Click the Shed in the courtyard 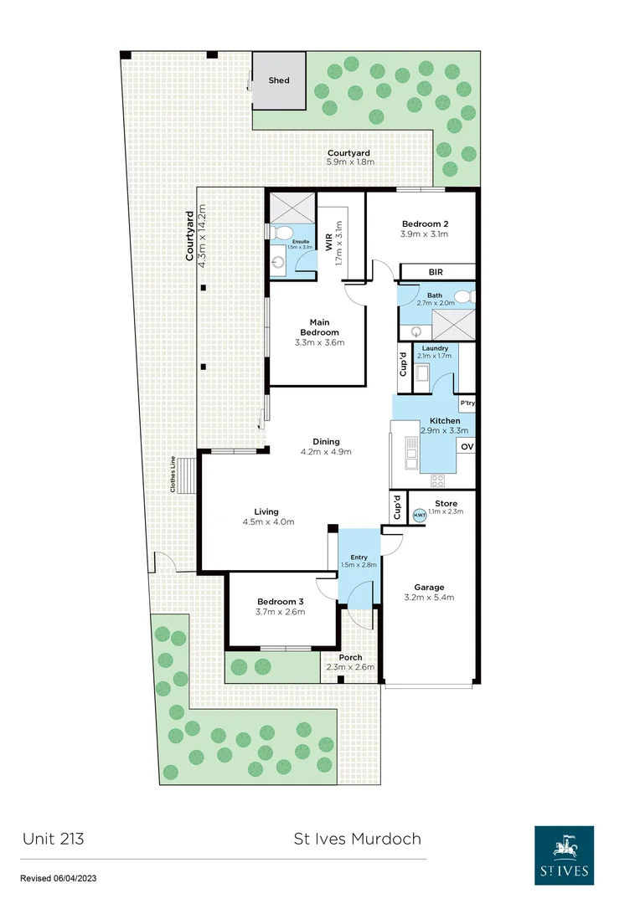click(279, 80)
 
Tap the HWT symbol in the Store click(419, 516)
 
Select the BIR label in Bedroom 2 click(436, 272)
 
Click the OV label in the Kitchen click(467, 447)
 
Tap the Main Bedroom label click(318, 326)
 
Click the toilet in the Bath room click(471, 296)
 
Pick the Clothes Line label click(172, 474)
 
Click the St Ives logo click(565, 855)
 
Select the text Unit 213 click(53, 838)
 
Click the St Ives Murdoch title click(357, 838)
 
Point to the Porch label click(350, 657)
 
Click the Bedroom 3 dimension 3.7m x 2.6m click(280, 612)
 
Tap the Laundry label click(435, 348)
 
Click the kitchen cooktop click(436, 480)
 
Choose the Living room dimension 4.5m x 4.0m click(266, 521)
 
